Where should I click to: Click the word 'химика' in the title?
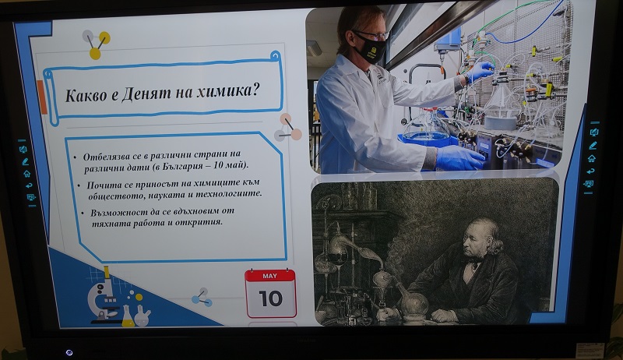click(222, 91)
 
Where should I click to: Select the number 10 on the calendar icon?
click(270, 298)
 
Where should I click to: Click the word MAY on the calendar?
click(270, 276)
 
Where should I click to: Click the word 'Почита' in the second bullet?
click(100, 185)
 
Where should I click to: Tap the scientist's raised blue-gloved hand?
click(480, 71)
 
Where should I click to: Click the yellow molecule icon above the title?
click(96, 44)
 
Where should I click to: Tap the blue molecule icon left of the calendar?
click(202, 298)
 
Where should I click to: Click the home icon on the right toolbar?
click(592, 158)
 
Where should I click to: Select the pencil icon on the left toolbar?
click(26, 161)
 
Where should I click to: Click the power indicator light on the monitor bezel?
click(69, 352)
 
